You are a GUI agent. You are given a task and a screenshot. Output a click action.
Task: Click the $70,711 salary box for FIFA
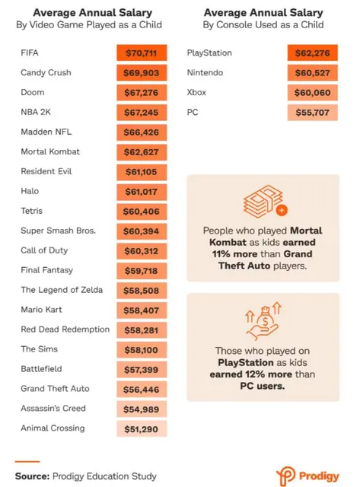coord(142,53)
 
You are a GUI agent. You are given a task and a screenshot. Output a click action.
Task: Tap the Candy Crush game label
coord(46,73)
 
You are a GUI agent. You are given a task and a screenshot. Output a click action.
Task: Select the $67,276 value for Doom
coord(142,93)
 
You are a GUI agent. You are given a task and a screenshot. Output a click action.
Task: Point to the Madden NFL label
coord(46,132)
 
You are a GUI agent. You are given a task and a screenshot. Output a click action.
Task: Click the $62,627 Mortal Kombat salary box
coord(142,152)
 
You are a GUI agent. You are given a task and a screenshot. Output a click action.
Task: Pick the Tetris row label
coord(32,211)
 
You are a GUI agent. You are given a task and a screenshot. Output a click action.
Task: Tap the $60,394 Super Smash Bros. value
coord(142,231)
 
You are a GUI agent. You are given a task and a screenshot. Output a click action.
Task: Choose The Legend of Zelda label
coord(62,290)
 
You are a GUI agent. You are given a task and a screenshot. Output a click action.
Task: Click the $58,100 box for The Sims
coord(142,350)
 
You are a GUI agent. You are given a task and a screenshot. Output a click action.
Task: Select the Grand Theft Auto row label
coord(55,389)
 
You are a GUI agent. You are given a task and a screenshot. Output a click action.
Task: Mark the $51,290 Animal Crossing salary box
coord(142,429)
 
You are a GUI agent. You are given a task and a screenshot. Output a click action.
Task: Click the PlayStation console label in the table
coord(209,53)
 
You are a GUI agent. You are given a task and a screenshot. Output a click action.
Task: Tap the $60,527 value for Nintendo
coord(313,73)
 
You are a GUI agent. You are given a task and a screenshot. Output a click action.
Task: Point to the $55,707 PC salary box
coord(313,113)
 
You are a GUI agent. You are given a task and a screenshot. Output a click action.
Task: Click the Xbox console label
coord(196,93)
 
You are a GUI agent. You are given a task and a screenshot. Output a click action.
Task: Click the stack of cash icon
coord(265,201)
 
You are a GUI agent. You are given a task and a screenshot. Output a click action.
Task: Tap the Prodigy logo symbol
coord(285,476)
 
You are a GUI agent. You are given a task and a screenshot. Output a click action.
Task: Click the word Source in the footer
coord(32,476)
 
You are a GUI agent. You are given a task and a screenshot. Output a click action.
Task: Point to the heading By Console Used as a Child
coord(263,25)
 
